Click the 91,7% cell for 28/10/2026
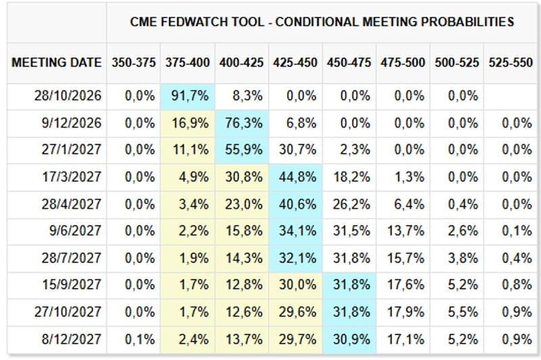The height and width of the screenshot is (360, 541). (x=188, y=96)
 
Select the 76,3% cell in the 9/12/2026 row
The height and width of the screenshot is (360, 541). (x=242, y=123)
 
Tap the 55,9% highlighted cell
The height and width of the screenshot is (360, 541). (x=242, y=150)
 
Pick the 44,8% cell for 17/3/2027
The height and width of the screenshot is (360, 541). (x=296, y=177)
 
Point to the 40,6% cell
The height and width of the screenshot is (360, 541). (x=296, y=204)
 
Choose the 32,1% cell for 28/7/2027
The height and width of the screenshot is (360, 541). (x=296, y=258)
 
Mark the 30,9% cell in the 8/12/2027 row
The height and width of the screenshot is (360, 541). (x=350, y=339)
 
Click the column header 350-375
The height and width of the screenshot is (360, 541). (x=133, y=63)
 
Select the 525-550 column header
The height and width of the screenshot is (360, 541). (x=511, y=63)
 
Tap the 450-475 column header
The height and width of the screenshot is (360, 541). (x=349, y=63)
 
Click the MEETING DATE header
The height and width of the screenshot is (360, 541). (x=57, y=63)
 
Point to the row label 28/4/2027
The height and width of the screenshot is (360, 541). (x=72, y=204)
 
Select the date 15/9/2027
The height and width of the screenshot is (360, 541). (x=72, y=285)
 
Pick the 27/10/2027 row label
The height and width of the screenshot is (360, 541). (x=68, y=312)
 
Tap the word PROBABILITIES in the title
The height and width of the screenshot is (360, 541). (x=467, y=22)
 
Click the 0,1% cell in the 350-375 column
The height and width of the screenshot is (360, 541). (x=140, y=340)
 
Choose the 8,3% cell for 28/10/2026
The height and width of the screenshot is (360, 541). (x=248, y=96)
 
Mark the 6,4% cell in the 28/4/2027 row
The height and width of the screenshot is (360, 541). (x=409, y=204)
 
